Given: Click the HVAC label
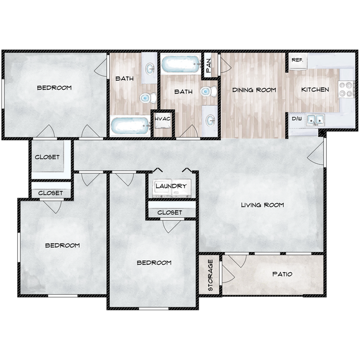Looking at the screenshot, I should point(162,119).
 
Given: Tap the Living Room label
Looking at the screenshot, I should point(262,205).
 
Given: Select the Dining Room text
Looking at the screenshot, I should point(254,90).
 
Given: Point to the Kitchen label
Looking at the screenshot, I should point(315,90).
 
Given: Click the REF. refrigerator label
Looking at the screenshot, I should point(296,59).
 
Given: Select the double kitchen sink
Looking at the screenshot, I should point(316,119).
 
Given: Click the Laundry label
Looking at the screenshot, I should point(171,186).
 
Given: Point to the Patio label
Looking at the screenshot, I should point(282,274).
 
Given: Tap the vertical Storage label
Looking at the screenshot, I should point(210,275).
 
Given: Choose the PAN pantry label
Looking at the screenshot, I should point(209,65).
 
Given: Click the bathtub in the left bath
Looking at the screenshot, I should point(130,126).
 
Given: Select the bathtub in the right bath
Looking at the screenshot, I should point(181,63).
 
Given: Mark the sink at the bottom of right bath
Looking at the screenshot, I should point(210,119).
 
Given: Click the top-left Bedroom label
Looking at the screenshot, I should point(54,88).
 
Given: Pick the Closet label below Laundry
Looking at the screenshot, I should point(169,212).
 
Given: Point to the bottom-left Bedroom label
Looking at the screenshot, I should point(62,245).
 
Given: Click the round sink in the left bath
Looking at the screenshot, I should point(150,69).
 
